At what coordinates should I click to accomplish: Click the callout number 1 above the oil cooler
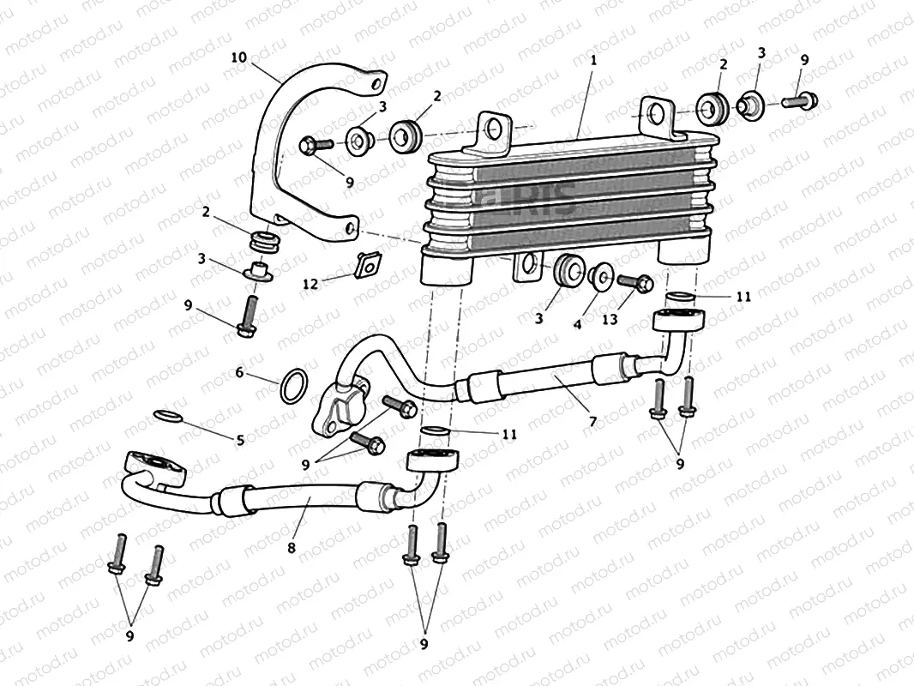coord(592,61)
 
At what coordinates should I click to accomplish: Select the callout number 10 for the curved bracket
coord(238,57)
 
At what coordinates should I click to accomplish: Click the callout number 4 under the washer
coord(578,325)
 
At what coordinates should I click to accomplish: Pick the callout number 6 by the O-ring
coord(240,373)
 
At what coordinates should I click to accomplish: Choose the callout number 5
coord(240,440)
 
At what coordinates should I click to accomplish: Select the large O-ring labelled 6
coord(293,385)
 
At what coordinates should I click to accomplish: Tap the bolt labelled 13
coord(634,280)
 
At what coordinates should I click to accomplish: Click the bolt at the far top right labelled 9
coord(798,100)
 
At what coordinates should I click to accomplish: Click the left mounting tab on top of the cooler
coord(492,131)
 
